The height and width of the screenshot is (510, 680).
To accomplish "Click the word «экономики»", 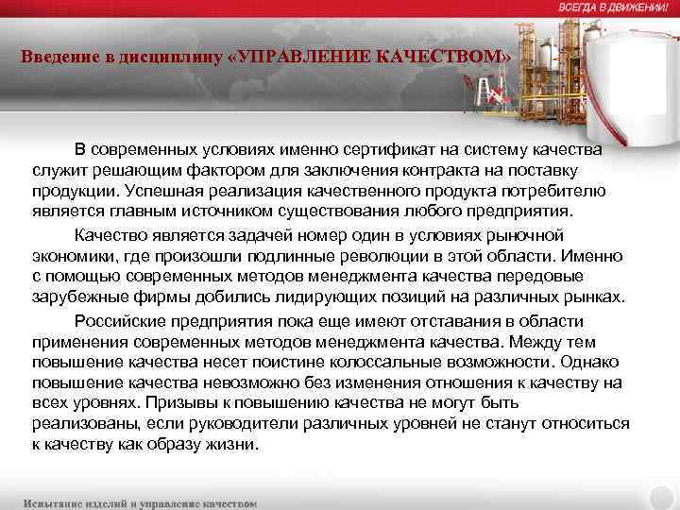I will [70, 255].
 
